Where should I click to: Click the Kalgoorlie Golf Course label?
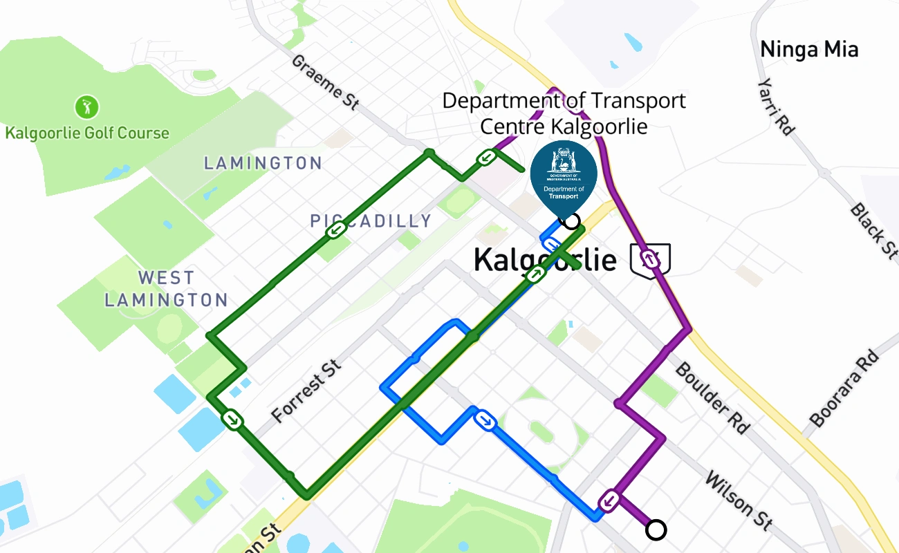[87, 133]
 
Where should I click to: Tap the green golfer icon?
[87, 106]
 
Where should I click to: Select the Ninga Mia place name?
[809, 50]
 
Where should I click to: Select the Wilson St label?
[739, 500]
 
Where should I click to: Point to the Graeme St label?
[325, 82]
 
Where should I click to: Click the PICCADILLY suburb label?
[371, 221]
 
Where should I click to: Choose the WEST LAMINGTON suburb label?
[166, 289]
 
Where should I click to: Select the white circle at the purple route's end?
[656, 530]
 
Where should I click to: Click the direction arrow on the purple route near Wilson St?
[609, 500]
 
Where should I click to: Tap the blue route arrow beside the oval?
[485, 419]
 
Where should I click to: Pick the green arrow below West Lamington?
[232, 419]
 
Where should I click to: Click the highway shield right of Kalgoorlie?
[650, 259]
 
